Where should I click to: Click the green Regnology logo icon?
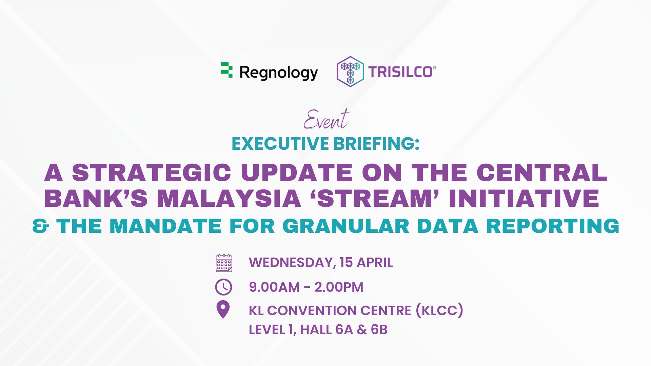click(x=226, y=70)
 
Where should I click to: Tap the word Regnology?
click(x=279, y=73)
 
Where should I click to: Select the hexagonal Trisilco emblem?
click(x=350, y=72)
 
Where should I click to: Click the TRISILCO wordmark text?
click(x=400, y=72)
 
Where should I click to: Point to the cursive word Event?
click(x=326, y=120)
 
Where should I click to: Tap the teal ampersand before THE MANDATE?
click(x=40, y=226)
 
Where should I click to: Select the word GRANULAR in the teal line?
click(x=346, y=226)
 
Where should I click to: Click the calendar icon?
click(x=224, y=263)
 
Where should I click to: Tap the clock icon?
click(x=223, y=287)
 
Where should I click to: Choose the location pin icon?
click(x=223, y=310)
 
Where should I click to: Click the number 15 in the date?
click(x=346, y=263)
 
